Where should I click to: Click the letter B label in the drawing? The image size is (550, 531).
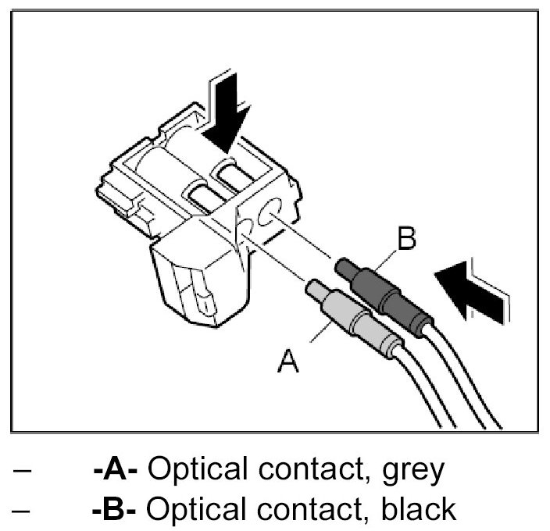[x=407, y=239]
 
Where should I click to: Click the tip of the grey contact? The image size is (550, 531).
[x=313, y=288]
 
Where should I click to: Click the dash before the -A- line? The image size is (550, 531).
[x=22, y=472]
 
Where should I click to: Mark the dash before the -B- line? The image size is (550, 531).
[x=22, y=509]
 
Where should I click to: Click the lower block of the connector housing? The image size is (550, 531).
[x=199, y=281]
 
